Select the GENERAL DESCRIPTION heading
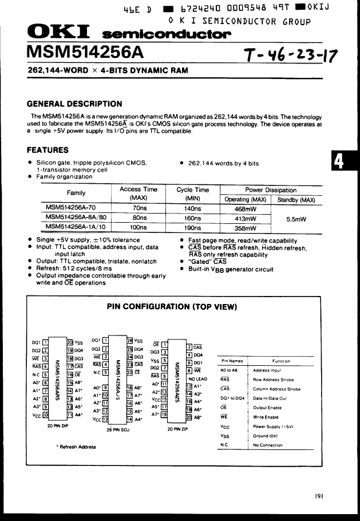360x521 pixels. [x=74, y=104]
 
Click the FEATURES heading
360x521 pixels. [x=48, y=150]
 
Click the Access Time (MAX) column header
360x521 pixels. [x=138, y=194]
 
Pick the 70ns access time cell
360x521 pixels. [x=139, y=209]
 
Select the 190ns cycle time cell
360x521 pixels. [x=192, y=227]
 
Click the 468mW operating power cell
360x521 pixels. [x=246, y=209]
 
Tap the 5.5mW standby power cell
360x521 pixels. [x=296, y=219]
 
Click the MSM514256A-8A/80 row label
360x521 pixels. [x=76, y=218]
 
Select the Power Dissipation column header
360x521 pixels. [x=271, y=190]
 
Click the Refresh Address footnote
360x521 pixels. [x=76, y=447]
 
